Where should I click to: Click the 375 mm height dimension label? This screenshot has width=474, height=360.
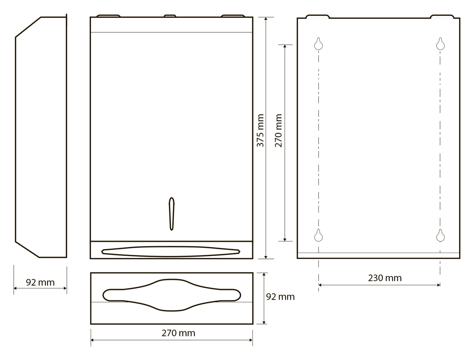(x=260, y=131)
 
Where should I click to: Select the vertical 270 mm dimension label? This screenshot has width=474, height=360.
(x=278, y=131)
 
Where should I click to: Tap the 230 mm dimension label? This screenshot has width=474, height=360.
(x=385, y=278)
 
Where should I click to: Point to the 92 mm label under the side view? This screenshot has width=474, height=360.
(x=40, y=283)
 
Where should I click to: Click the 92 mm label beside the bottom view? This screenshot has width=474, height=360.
(x=280, y=297)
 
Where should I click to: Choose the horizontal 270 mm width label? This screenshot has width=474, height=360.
(x=178, y=333)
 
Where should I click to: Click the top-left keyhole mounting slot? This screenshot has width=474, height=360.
(x=318, y=44)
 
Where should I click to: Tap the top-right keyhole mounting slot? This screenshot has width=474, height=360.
(x=440, y=44)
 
